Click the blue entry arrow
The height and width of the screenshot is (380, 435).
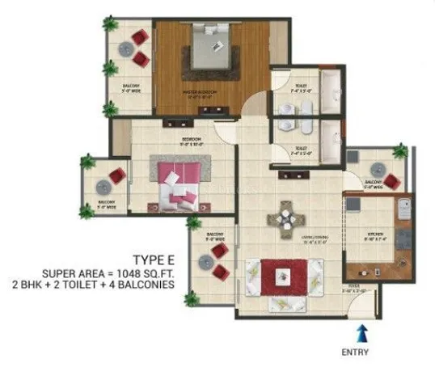click(x=361, y=331)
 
